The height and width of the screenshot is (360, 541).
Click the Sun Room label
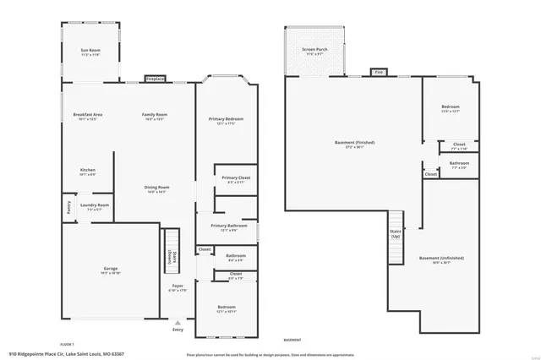(90, 51)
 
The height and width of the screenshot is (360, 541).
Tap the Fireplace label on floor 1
(155, 79)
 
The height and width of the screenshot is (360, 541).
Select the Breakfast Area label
(87, 114)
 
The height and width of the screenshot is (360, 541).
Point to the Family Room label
(154, 114)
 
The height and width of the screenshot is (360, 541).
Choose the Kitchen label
(88, 170)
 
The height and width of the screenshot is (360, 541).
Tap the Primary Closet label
(236, 177)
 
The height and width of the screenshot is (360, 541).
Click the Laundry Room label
(95, 205)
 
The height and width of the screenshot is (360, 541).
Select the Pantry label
(68, 205)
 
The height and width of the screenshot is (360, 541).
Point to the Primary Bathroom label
(229, 226)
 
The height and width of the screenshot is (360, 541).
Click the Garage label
(111, 268)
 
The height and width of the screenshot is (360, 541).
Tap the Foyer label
(178, 286)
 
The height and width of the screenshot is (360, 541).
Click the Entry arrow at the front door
(178, 322)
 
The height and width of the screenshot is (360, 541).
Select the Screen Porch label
(314, 49)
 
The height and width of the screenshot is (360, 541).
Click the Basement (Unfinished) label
(441, 258)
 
